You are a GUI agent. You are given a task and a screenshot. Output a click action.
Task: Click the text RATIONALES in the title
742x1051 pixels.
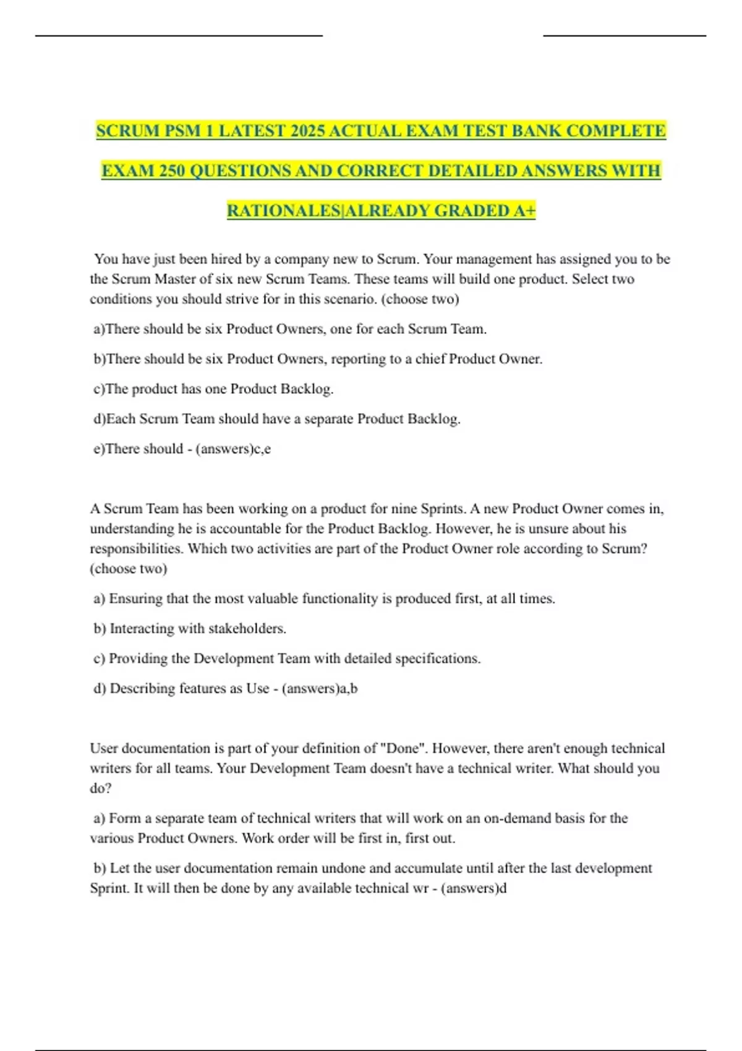[284, 211]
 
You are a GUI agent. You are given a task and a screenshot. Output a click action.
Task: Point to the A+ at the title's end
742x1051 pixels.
[524, 211]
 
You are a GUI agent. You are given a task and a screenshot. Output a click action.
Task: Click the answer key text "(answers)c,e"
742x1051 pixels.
[233, 449]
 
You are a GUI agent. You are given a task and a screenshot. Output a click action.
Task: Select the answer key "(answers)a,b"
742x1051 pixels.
[320, 688]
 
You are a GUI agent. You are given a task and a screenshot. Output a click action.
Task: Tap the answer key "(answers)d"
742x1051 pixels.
[474, 888]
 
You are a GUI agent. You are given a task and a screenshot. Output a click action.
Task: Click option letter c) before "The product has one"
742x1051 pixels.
[99, 389]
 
